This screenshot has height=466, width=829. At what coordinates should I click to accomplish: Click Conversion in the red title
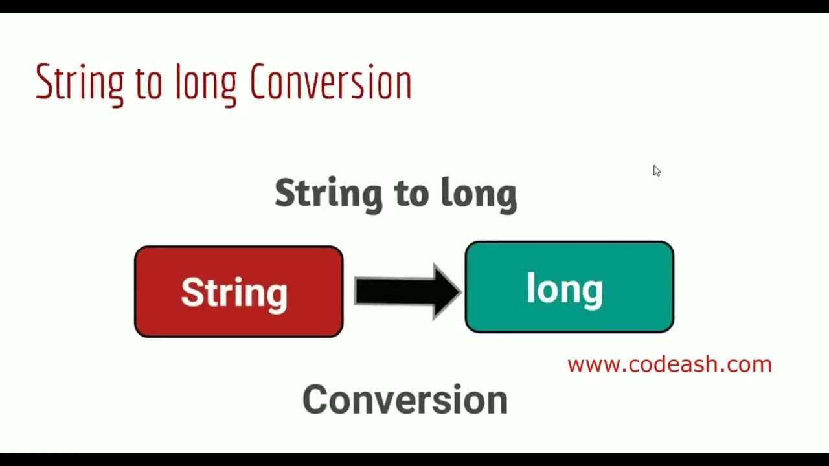pos(330,83)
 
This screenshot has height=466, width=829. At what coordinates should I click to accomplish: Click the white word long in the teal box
pos(565,289)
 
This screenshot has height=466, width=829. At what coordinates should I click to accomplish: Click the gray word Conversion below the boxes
pos(405,399)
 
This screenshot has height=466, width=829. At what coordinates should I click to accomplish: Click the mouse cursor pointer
pos(656,170)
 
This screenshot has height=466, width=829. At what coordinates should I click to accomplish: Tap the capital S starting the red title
pos(43,82)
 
